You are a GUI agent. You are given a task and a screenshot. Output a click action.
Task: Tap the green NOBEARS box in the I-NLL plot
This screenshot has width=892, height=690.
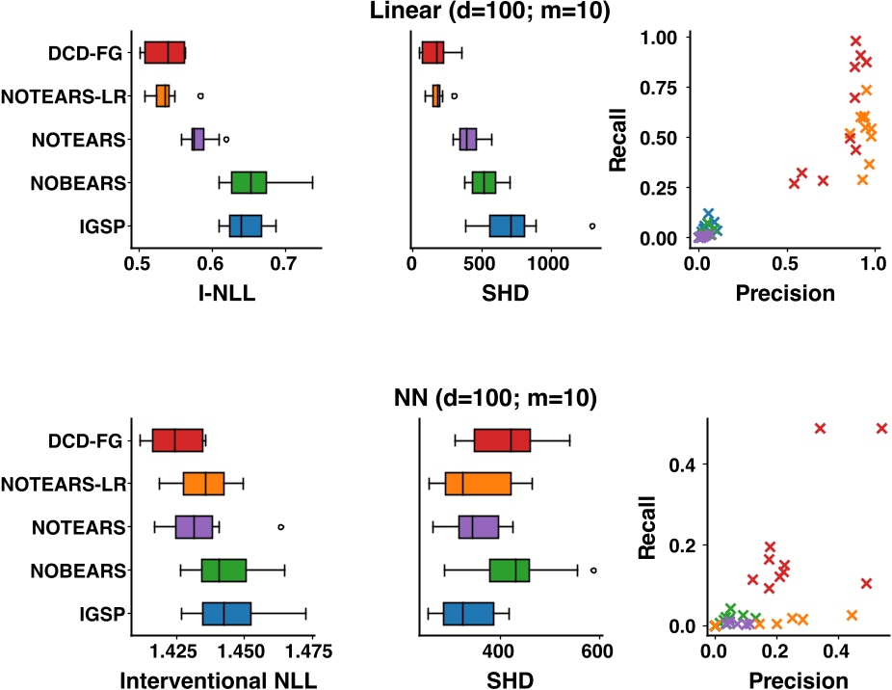pyautogui.click(x=249, y=182)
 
